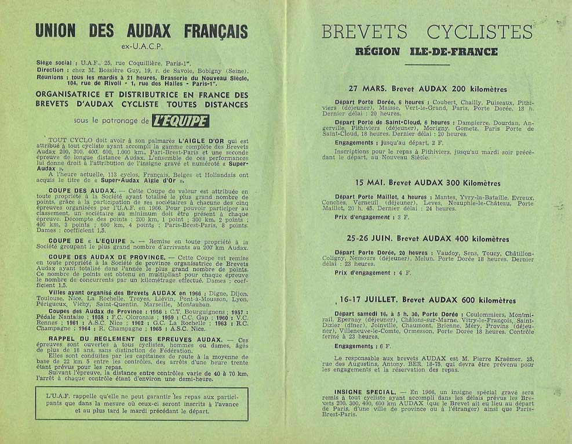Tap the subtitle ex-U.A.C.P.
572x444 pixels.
141,45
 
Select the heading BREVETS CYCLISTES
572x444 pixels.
426,31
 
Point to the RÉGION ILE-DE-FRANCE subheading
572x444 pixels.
427,51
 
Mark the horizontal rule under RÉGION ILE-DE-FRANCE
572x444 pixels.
427,64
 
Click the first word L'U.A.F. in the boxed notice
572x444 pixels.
57,396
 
